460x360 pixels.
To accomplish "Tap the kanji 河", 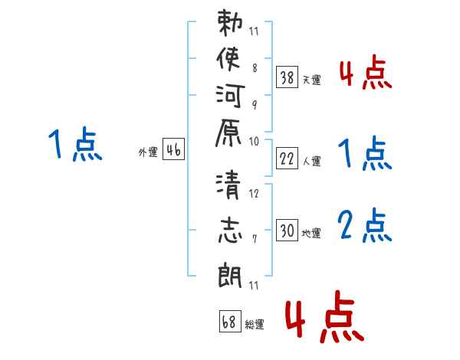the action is (x=230, y=96).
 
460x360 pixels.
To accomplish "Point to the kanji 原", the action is (x=228, y=133).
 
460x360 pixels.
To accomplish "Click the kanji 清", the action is (x=228, y=185).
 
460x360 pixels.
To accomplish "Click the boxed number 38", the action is (x=287, y=77).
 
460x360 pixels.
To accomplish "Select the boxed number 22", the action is (x=287, y=159).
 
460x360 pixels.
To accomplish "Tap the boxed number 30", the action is (x=287, y=230).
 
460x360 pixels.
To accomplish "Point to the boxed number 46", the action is (x=173, y=149).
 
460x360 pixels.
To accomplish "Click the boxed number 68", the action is (x=230, y=321).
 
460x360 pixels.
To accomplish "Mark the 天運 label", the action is (x=311, y=80).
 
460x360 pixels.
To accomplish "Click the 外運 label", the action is (x=148, y=152).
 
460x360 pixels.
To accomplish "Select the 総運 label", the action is (x=255, y=324).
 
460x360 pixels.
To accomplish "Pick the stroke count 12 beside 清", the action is (x=254, y=194).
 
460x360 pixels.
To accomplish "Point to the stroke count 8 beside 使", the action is (x=255, y=68).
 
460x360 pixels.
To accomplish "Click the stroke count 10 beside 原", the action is (x=254, y=142).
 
